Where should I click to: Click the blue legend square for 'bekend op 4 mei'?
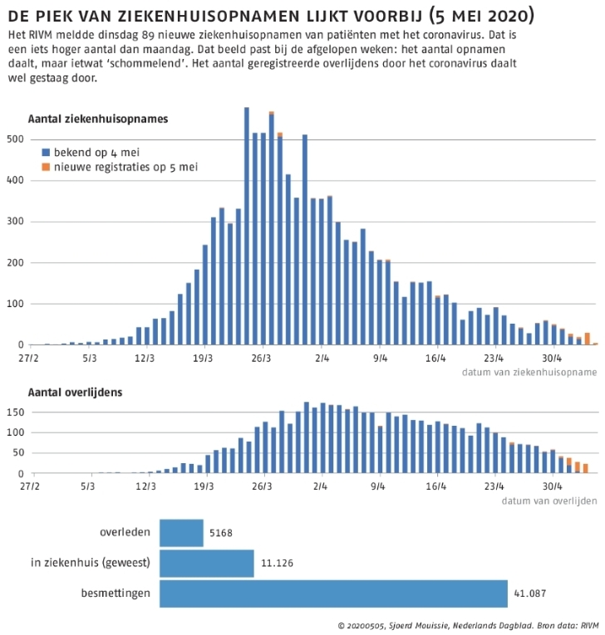(x=46, y=152)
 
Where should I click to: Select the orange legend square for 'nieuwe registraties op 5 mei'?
(x=46, y=167)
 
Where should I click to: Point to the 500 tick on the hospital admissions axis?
(x=16, y=139)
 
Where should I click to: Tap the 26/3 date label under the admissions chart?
(x=261, y=359)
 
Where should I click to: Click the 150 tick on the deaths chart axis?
(x=16, y=413)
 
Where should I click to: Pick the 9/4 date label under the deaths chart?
(x=378, y=486)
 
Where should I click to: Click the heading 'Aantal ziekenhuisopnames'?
(x=98, y=119)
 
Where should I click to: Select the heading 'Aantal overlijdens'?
(x=75, y=393)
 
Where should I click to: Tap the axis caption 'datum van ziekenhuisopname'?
(x=529, y=372)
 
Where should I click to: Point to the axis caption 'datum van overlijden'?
(x=549, y=501)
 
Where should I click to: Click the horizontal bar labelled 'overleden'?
(x=181, y=533)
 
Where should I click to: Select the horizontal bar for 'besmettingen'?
(x=333, y=593)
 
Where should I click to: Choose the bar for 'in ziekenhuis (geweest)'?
(x=207, y=564)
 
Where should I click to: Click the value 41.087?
(x=529, y=593)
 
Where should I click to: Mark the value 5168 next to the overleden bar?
(x=221, y=533)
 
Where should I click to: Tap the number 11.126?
(x=277, y=563)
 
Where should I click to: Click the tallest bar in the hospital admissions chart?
(x=247, y=226)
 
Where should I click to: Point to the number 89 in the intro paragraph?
(x=148, y=35)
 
